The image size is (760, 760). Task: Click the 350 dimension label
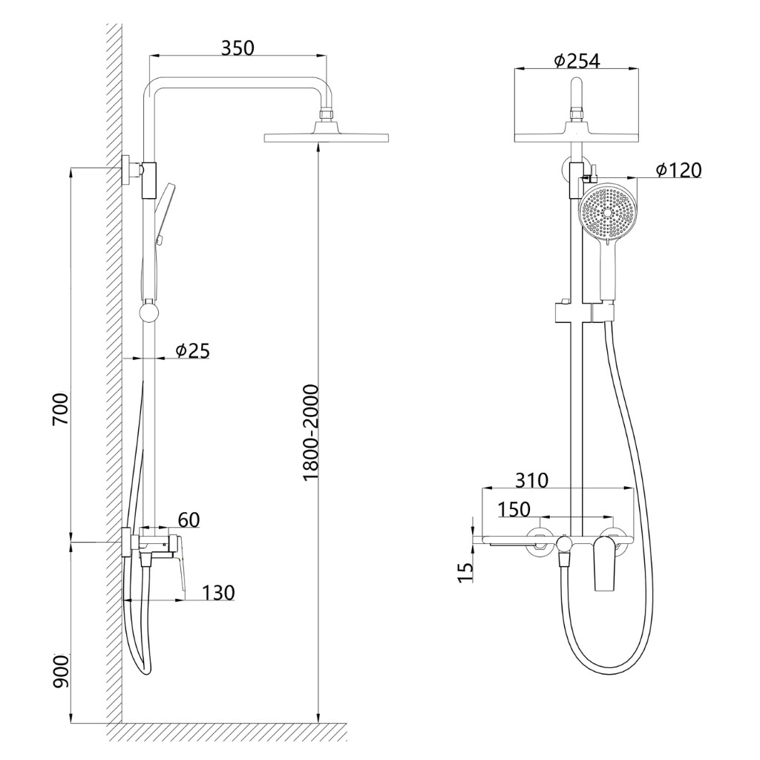(x=237, y=48)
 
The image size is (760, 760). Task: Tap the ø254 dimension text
(x=576, y=61)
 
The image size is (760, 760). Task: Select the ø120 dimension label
(x=678, y=170)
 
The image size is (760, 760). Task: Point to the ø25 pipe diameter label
(x=193, y=350)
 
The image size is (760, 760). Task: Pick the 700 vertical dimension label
(x=62, y=409)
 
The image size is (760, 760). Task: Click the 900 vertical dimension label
(x=62, y=670)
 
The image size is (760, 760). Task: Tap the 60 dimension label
(x=189, y=520)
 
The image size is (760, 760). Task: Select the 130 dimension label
(x=218, y=592)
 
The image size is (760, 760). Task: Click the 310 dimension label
(x=531, y=480)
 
